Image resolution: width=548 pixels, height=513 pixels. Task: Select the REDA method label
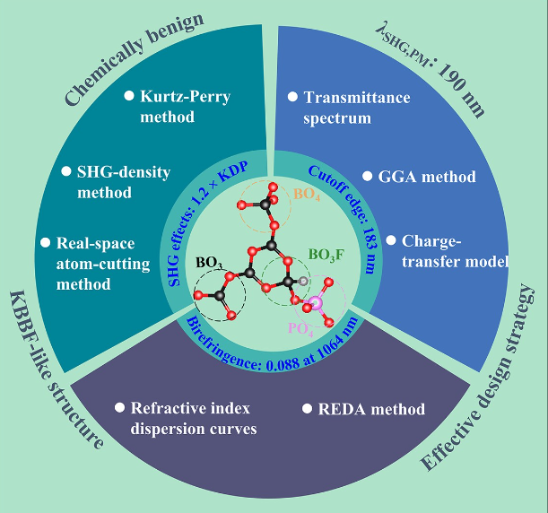point(371,409)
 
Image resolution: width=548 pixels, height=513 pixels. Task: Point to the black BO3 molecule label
point(209,264)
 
